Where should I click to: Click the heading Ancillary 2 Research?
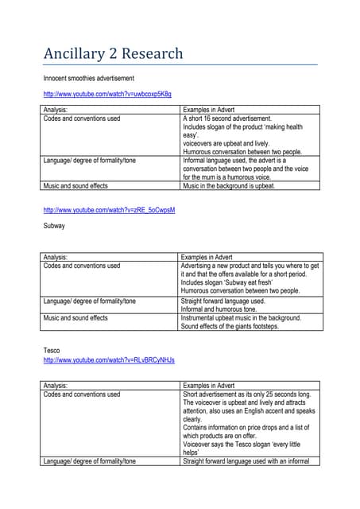click(113, 54)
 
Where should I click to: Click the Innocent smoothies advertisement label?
click(88, 78)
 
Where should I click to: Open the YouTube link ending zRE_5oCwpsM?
click(109, 210)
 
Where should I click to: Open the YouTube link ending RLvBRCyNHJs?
click(109, 360)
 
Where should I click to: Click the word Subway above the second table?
click(54, 226)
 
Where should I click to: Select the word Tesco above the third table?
click(52, 350)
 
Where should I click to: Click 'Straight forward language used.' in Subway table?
click(223, 301)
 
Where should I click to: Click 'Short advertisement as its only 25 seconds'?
click(246, 394)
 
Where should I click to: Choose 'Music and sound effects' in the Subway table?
click(75, 317)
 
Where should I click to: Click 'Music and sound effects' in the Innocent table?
click(75, 185)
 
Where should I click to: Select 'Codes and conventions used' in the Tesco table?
click(81, 394)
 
